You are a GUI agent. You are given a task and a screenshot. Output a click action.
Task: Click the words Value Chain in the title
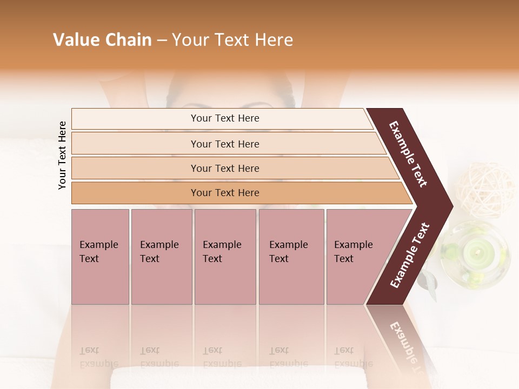(102, 39)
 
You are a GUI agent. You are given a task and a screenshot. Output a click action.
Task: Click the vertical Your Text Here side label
(62, 155)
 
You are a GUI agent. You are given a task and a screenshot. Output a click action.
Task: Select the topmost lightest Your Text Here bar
(224, 118)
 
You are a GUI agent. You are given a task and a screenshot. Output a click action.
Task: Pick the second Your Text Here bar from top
(224, 144)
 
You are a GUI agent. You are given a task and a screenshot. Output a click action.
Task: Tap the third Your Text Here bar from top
(224, 168)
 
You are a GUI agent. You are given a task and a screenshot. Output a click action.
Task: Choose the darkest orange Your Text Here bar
(224, 193)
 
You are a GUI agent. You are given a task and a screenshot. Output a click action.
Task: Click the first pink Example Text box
(100, 256)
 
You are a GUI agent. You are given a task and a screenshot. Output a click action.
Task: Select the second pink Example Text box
(161, 256)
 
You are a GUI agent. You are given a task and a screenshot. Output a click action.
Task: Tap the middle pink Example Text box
(225, 256)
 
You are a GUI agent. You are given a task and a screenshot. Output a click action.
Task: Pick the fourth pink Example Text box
(291, 256)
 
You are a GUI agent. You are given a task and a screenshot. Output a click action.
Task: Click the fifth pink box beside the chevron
(357, 256)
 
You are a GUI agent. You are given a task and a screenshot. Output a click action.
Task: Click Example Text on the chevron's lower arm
(410, 255)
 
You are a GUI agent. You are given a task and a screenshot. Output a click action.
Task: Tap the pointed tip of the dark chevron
(450, 206)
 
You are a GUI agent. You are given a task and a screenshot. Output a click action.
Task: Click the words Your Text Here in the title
(232, 39)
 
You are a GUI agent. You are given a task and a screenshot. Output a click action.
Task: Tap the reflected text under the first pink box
(98, 357)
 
